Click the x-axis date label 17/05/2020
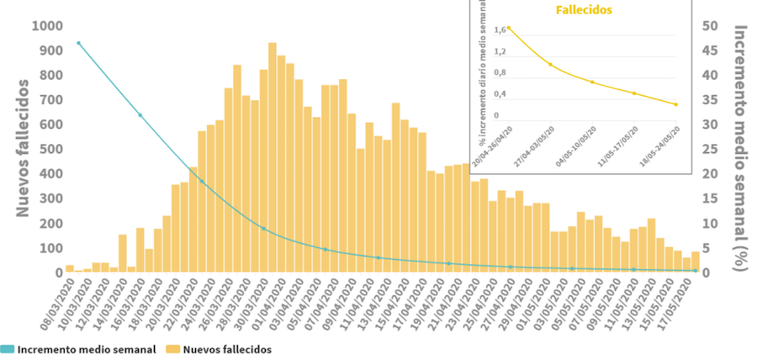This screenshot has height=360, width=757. [680, 307]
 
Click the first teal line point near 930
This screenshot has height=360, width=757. [78, 43]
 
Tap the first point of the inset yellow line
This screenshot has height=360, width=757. [508, 28]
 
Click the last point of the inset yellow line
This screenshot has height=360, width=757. [675, 104]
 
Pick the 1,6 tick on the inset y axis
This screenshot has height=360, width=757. [500, 30]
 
